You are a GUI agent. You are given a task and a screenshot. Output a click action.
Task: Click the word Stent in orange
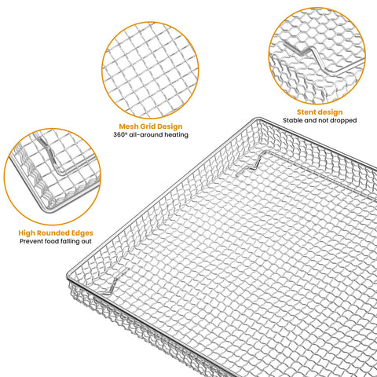coord(307,112)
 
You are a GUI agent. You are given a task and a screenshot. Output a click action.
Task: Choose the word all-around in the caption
coord(153,134)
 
